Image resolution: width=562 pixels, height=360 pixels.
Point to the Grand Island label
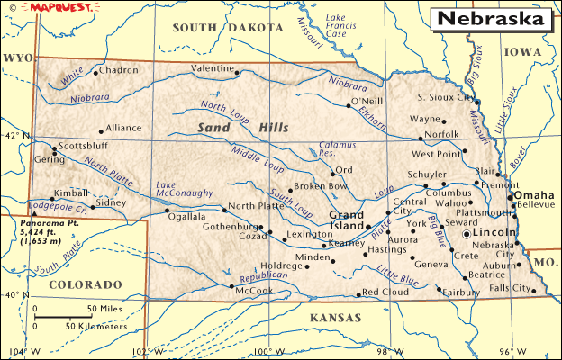[347, 220]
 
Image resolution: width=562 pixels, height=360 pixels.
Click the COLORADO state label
[86, 284]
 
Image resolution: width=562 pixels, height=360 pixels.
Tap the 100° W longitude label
[263, 352]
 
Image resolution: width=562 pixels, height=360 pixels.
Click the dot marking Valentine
[237, 73]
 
